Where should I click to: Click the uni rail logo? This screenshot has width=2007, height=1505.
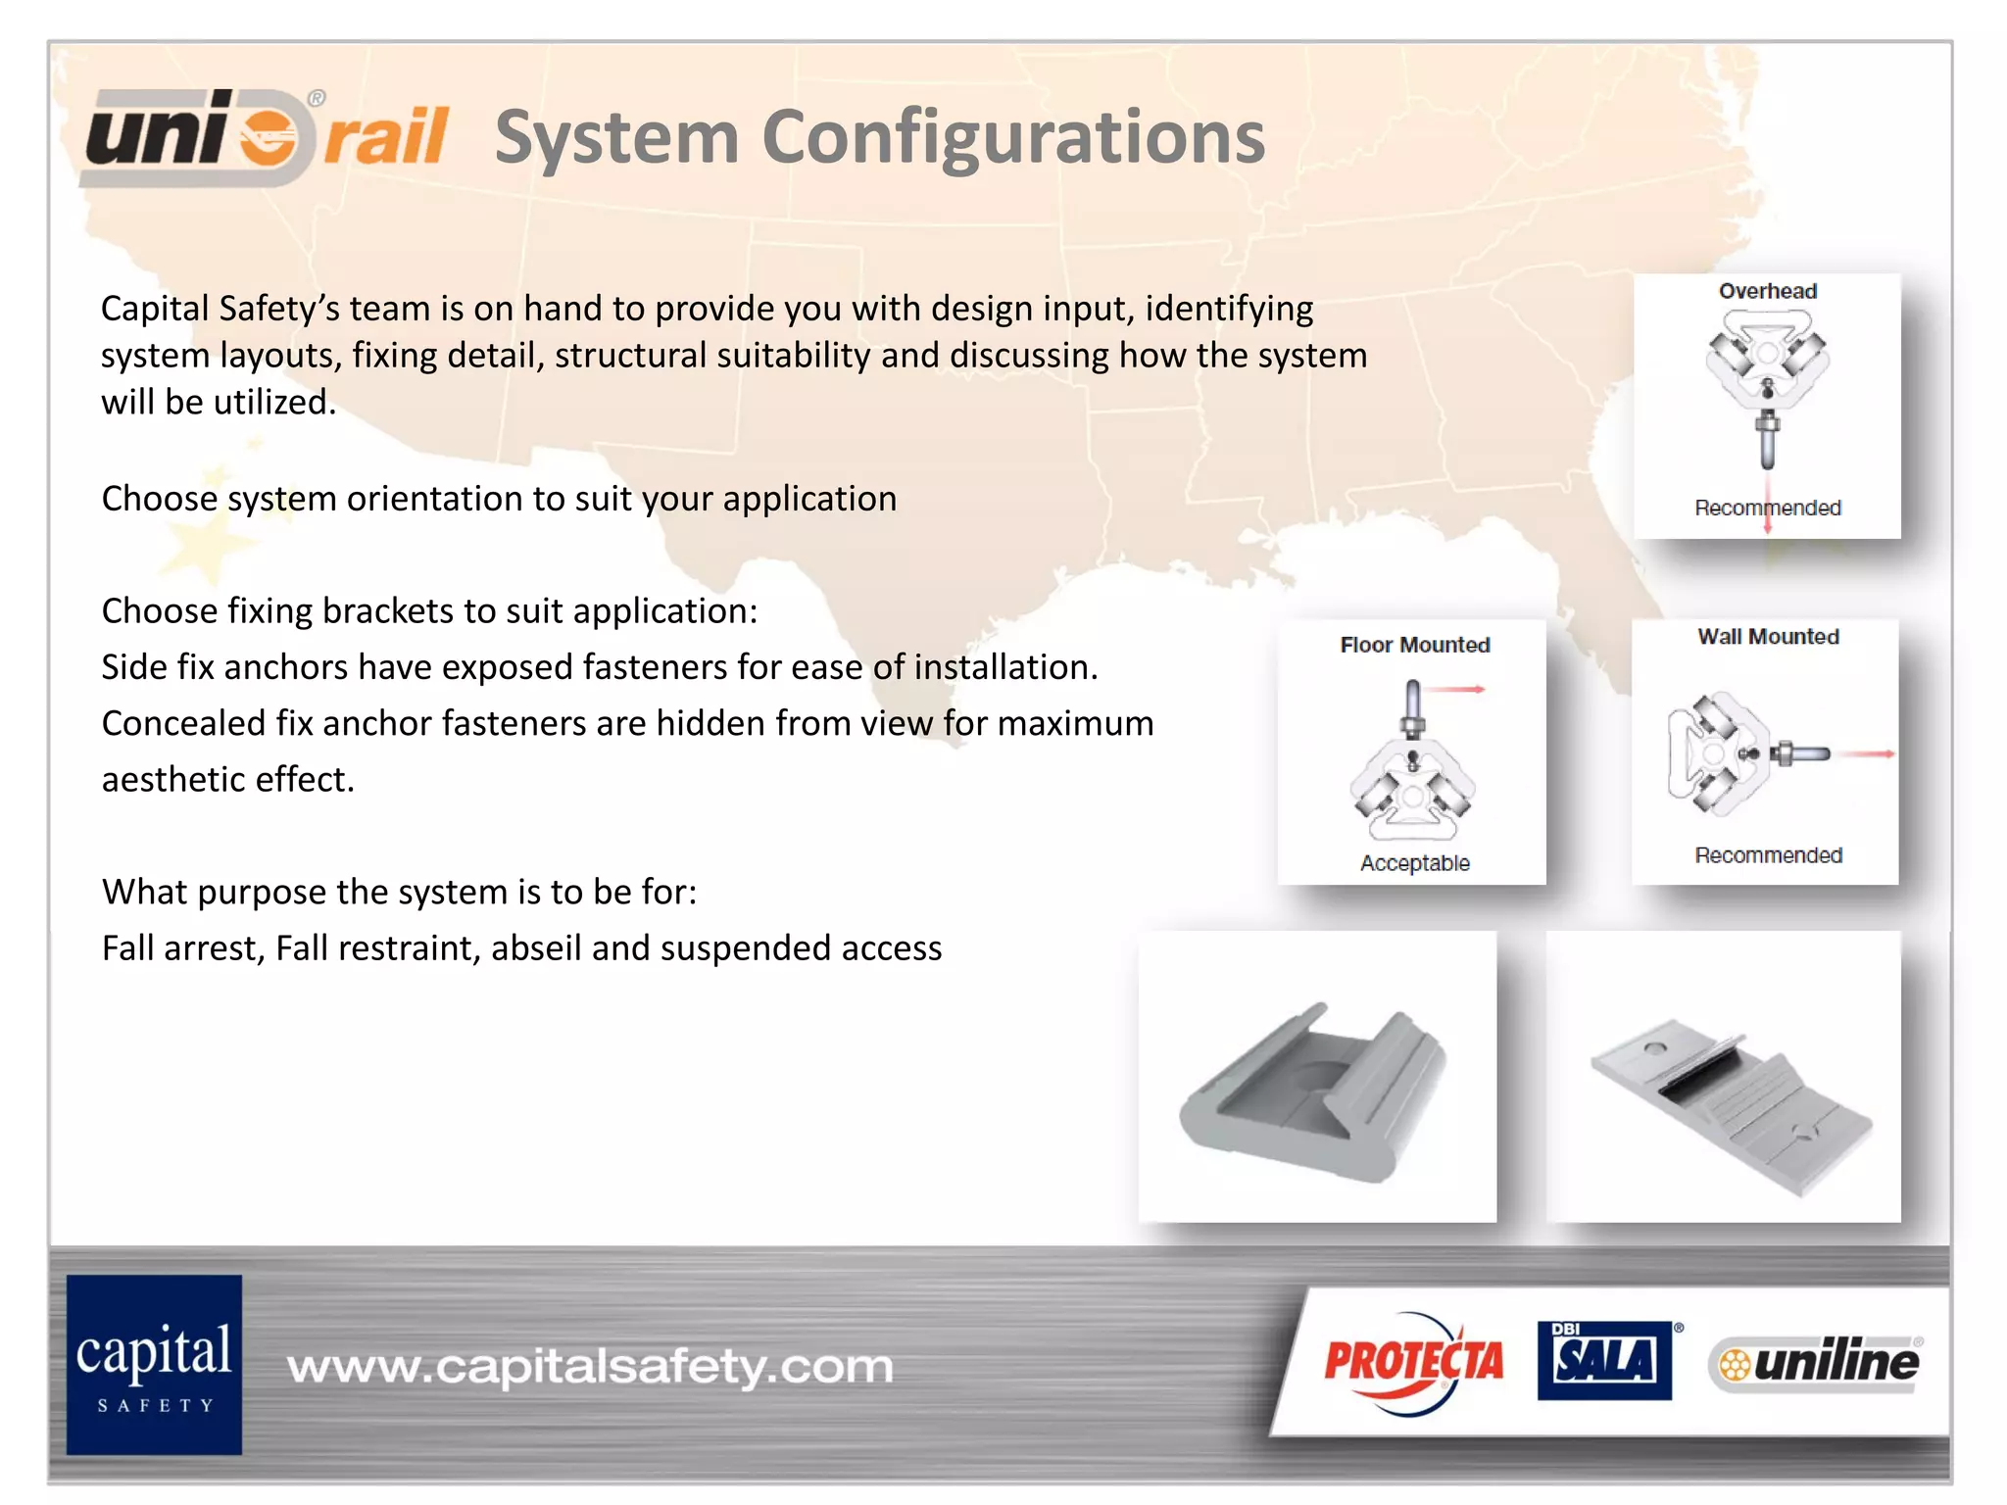click(267, 137)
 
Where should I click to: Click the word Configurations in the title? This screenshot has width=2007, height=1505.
click(1013, 137)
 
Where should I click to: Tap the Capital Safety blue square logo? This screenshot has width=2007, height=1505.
click(154, 1364)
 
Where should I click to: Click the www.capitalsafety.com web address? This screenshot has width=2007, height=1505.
click(590, 1366)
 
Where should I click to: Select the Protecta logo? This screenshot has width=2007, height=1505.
click(1413, 1362)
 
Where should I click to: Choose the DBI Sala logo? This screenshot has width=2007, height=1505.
click(1605, 1360)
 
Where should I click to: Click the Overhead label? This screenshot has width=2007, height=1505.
click(1768, 291)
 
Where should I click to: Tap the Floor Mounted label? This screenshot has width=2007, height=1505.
click(1415, 645)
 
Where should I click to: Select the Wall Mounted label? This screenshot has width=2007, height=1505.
click(1768, 637)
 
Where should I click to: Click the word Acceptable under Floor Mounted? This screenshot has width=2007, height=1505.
click(1415, 863)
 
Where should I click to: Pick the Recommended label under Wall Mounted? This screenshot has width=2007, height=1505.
click(1768, 855)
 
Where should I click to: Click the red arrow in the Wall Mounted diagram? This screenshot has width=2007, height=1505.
click(1866, 753)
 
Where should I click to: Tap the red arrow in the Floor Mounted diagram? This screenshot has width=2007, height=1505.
click(1456, 690)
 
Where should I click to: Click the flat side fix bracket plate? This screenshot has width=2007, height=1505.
click(1729, 1107)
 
